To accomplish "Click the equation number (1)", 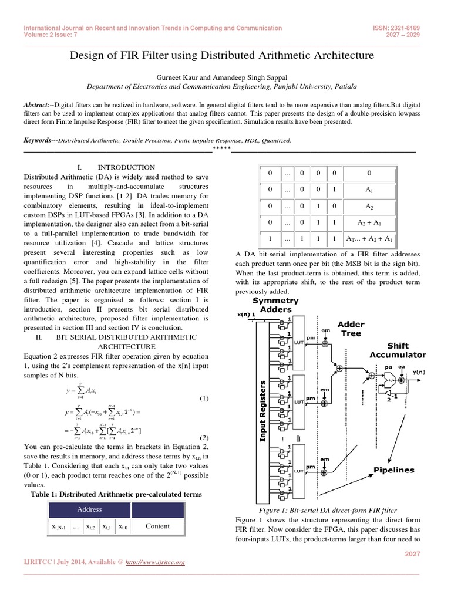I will point(204,399).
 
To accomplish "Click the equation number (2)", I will point(204,437).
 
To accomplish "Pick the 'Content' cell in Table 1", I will point(157,526).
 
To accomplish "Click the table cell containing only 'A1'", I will point(369,190).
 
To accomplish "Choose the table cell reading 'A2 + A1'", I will point(369,223).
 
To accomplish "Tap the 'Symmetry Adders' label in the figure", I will point(275,305).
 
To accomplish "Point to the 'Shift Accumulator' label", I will point(398,350).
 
